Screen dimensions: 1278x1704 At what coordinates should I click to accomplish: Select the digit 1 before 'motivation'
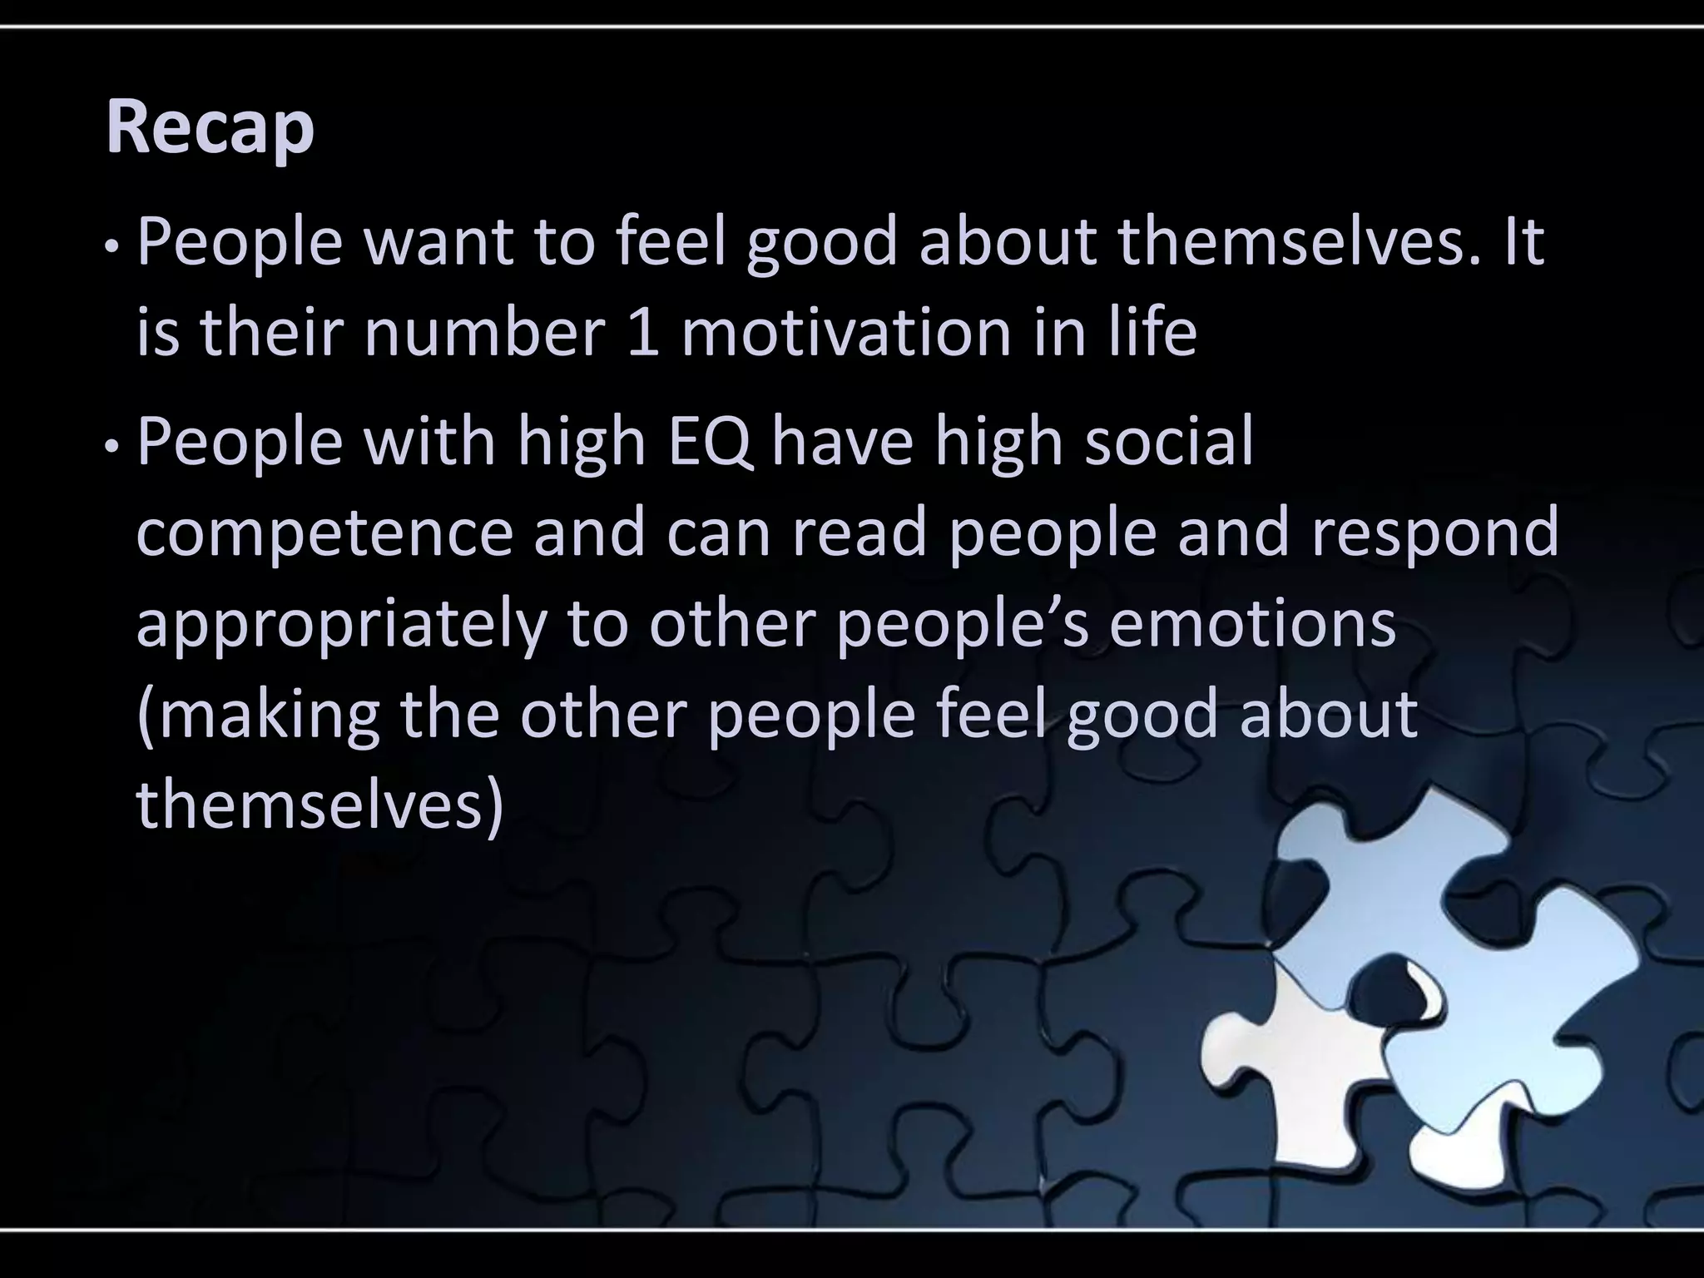pyautogui.click(x=643, y=333)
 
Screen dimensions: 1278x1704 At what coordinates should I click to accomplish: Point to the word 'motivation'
pyautogui.click(x=845, y=333)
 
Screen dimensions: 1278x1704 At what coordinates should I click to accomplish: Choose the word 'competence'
pyautogui.click(x=324, y=534)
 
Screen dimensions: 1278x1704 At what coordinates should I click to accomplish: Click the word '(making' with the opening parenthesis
pyautogui.click(x=258, y=716)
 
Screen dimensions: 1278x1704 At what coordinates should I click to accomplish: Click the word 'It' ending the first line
pyautogui.click(x=1523, y=242)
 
